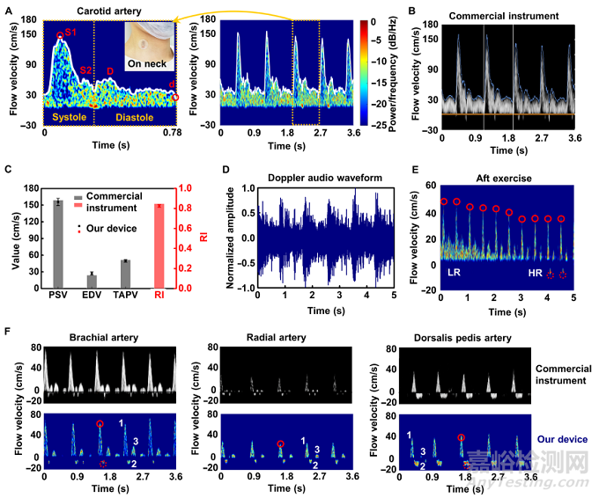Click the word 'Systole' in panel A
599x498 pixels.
tap(69, 117)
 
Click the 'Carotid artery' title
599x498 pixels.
tap(104, 10)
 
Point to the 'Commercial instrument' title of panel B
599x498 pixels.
tap(503, 17)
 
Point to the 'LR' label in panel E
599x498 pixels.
tap(455, 275)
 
